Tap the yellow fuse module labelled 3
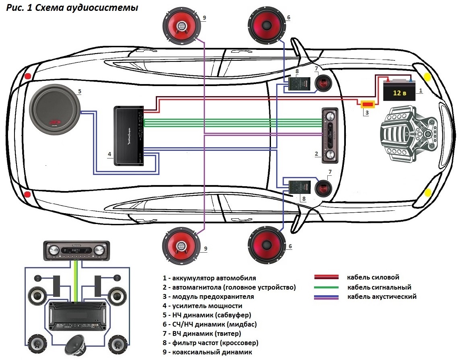click(x=367, y=105)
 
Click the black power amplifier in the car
click(x=128, y=136)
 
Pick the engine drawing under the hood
click(x=409, y=133)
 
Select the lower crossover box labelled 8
click(x=299, y=187)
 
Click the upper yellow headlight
click(x=428, y=76)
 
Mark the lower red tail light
click(x=27, y=195)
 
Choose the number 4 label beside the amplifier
click(x=109, y=154)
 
